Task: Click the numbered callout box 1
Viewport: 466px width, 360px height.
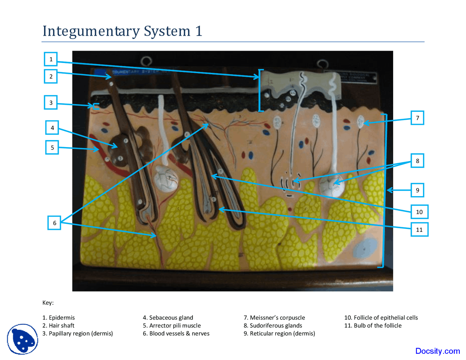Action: [x=51, y=59]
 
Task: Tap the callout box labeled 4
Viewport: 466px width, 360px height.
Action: [x=52, y=128]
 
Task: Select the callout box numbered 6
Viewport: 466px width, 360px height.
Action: [x=55, y=223]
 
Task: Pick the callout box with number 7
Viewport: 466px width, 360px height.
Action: [x=417, y=118]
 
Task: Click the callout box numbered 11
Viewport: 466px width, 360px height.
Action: [x=419, y=230]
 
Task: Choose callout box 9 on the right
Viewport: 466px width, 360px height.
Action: [x=417, y=190]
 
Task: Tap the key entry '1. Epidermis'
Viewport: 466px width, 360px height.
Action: [x=59, y=318]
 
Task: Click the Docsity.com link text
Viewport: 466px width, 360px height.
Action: [x=437, y=351]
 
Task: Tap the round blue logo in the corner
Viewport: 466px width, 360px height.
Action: [x=23, y=339]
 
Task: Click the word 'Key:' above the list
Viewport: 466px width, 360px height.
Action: [x=48, y=303]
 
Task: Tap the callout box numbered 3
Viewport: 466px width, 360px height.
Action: [x=51, y=103]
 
